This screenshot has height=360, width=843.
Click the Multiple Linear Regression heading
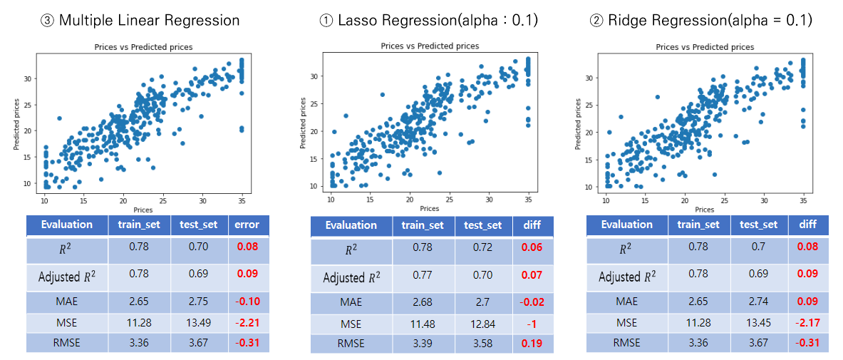click(x=140, y=20)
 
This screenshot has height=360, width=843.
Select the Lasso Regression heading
click(x=428, y=21)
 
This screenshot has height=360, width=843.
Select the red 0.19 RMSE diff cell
click(x=532, y=344)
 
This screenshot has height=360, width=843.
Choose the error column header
click(x=248, y=225)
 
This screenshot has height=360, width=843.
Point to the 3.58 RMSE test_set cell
click(x=483, y=344)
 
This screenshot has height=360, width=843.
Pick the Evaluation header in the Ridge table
click(x=627, y=225)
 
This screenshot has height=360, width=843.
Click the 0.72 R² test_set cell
click(x=483, y=250)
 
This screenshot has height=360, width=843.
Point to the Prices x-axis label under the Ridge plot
click(x=704, y=210)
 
